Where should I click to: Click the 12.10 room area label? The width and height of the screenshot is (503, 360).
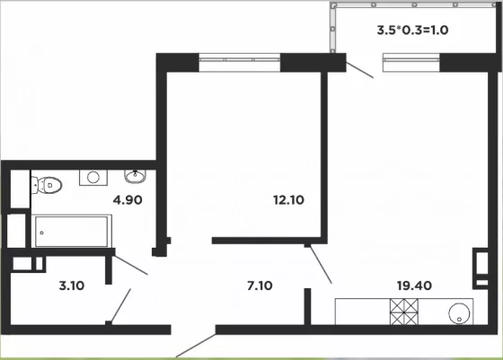[288, 200]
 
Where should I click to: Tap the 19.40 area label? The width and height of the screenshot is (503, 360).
[414, 285]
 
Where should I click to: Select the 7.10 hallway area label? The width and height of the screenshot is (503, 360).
[260, 285]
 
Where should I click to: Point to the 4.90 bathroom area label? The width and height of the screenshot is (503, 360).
[128, 200]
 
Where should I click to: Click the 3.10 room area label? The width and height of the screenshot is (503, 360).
[72, 285]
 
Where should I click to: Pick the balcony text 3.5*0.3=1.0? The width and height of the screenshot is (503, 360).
[412, 31]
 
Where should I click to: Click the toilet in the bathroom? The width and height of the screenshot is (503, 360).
[47, 185]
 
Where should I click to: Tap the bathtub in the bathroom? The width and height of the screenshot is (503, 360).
[72, 231]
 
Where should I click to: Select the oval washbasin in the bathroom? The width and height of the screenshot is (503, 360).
[135, 176]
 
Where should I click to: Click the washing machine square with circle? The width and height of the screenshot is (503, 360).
[93, 177]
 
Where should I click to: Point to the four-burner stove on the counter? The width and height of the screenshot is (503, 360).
[404, 312]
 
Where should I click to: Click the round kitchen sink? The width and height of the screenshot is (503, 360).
[459, 313]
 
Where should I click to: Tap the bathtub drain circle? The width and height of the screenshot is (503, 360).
[41, 233]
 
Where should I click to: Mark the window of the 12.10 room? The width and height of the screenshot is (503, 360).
[240, 62]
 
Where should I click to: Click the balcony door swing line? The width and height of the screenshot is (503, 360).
[359, 70]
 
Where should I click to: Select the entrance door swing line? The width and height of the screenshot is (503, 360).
[196, 346]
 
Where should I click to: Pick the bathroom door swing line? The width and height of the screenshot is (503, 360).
[131, 265]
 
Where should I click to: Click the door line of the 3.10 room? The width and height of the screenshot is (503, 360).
[120, 305]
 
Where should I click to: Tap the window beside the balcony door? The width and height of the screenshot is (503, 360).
[411, 62]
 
